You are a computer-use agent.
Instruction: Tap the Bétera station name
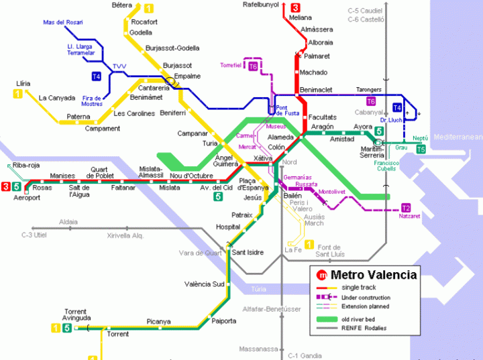(x=121, y=5)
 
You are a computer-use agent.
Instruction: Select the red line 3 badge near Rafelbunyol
(x=296, y=7)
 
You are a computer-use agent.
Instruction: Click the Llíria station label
(x=23, y=84)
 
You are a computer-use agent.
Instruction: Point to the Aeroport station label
(x=17, y=197)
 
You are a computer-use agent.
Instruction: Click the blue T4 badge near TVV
(x=97, y=76)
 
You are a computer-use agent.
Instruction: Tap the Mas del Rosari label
(x=63, y=22)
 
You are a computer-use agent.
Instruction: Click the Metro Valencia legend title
(x=374, y=275)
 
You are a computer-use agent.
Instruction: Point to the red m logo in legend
(x=322, y=275)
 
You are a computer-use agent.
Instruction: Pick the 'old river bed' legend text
(x=360, y=318)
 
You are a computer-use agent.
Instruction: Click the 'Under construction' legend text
(x=366, y=298)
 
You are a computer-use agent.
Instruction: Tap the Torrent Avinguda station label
(x=76, y=314)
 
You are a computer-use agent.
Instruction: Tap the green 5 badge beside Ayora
(x=379, y=131)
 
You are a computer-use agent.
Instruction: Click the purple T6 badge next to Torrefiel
(x=253, y=66)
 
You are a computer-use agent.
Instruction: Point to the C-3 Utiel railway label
(x=36, y=235)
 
